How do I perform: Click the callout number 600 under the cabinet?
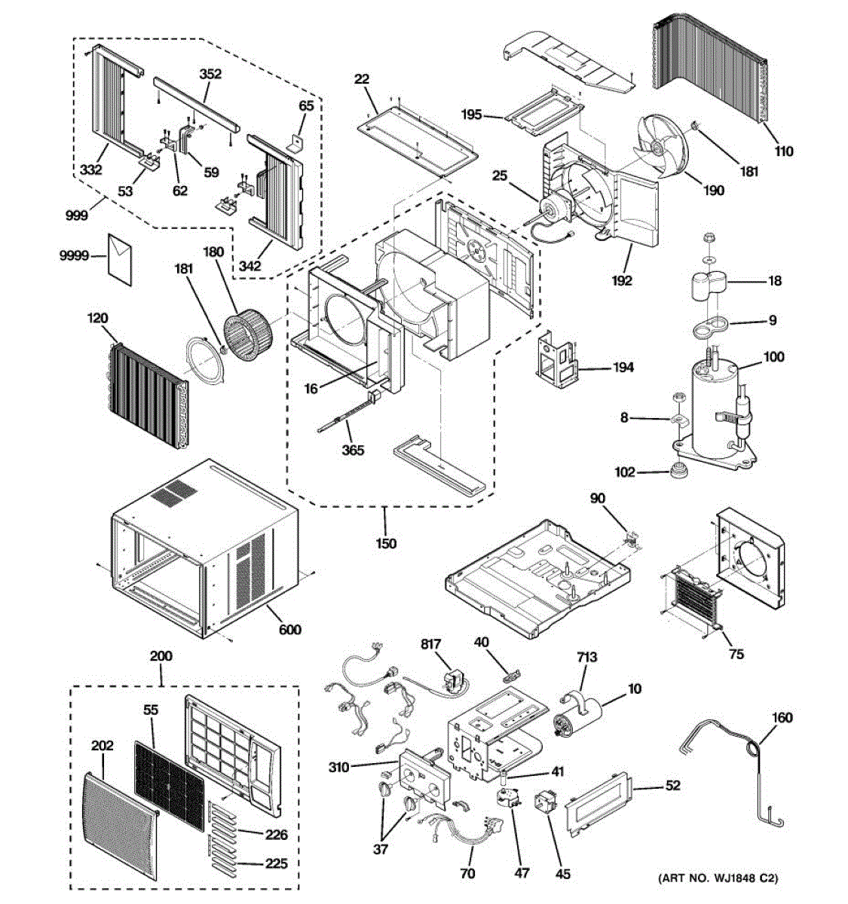pos(290,629)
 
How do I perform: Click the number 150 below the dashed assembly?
pos(386,543)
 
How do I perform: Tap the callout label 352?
pos(210,74)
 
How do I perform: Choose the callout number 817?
pos(431,644)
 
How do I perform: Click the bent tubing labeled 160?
pos(746,768)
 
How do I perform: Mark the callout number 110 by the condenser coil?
pos(784,151)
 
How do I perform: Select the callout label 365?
pos(353,450)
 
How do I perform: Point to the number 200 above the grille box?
pos(161,656)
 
